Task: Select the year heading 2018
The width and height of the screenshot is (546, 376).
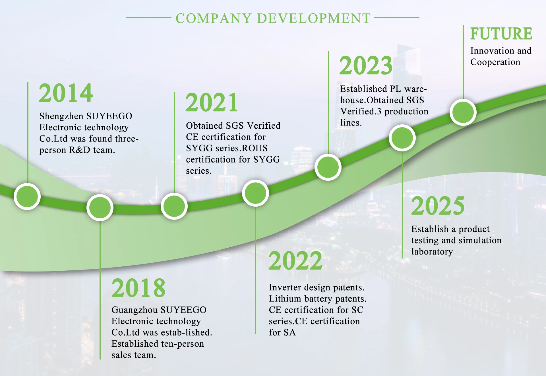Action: pyautogui.click(x=138, y=288)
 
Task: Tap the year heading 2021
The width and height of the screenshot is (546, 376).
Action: pyautogui.click(x=212, y=102)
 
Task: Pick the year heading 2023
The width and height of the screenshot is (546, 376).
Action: pyautogui.click(x=366, y=65)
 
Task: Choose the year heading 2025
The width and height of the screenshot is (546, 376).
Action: pyautogui.click(x=438, y=206)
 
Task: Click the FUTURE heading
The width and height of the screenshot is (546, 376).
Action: pyautogui.click(x=501, y=34)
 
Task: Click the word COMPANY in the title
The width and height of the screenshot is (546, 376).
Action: pyautogui.click(x=214, y=18)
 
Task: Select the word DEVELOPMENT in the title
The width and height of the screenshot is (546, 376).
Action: pyautogui.click(x=314, y=18)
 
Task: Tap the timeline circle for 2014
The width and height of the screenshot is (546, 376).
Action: pyautogui.click(x=27, y=196)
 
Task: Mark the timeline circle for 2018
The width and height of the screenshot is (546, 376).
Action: pyautogui.click(x=100, y=207)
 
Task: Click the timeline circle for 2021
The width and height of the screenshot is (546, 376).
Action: pyautogui.click(x=174, y=206)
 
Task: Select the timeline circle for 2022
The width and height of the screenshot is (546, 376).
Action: pyautogui.click(x=255, y=193)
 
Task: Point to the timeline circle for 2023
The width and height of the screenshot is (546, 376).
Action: pyautogui.click(x=328, y=167)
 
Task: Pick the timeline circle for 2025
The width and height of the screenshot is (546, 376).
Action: pyautogui.click(x=402, y=138)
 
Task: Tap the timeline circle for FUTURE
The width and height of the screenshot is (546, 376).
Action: pyautogui.click(x=463, y=112)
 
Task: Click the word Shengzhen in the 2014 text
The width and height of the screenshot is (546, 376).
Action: pyautogui.click(x=61, y=116)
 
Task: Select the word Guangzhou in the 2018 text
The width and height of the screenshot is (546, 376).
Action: pyautogui.click(x=134, y=310)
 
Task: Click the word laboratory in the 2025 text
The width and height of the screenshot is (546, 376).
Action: pyautogui.click(x=432, y=252)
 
